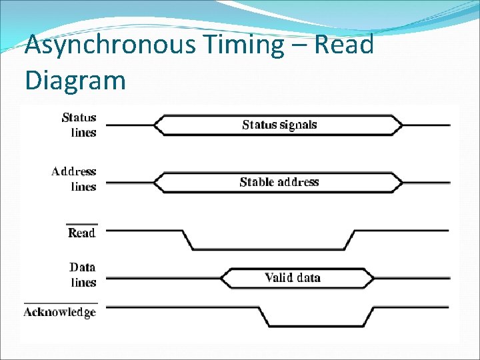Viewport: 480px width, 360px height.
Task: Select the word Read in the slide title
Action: tap(343, 45)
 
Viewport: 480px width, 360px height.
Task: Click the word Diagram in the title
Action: tap(75, 80)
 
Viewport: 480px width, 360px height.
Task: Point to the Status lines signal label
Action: tap(79, 125)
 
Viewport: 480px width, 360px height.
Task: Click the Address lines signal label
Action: tap(74, 179)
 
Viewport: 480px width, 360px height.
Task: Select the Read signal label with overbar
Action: tap(82, 232)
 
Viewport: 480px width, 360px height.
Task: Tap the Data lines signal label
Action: tap(83, 275)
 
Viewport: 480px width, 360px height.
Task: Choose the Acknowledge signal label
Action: tap(60, 312)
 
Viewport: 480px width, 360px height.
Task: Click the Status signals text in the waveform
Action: tap(279, 125)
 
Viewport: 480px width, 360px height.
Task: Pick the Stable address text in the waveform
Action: tap(279, 182)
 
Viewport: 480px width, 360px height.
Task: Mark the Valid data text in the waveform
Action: tap(293, 277)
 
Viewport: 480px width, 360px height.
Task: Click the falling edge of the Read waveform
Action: tap(188, 240)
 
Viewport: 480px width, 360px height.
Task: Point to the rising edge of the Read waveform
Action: tap(349, 240)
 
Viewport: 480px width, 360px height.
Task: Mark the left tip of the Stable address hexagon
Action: tap(154, 182)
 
